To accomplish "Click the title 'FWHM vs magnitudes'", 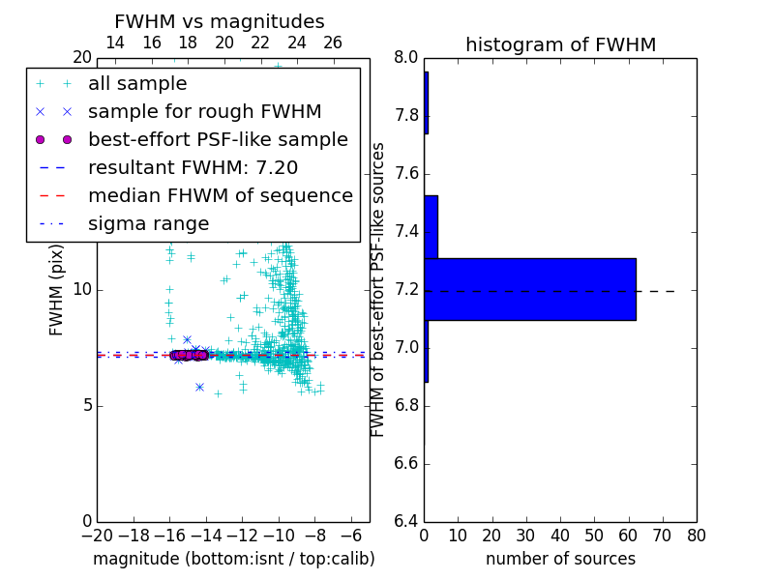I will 219,21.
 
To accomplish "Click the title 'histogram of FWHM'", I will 560,44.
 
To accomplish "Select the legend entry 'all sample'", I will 137,84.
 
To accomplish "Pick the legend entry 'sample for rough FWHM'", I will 204,112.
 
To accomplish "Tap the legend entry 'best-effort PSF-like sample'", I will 218,140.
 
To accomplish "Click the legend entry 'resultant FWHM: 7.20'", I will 193,168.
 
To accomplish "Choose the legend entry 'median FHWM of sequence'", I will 220,196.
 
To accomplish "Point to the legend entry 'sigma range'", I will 148,224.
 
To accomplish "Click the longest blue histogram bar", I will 531,289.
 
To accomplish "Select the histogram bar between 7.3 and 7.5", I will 432,227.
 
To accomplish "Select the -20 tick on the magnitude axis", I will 97,536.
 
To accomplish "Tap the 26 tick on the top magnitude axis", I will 333,43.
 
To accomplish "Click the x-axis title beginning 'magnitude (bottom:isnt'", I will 233,559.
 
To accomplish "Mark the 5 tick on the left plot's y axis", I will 85,406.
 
